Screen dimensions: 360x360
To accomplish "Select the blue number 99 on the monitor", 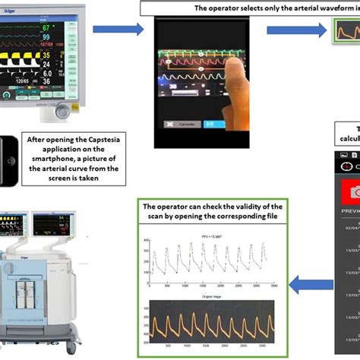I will (46, 44).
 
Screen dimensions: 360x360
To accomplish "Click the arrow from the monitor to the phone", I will (117, 30).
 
